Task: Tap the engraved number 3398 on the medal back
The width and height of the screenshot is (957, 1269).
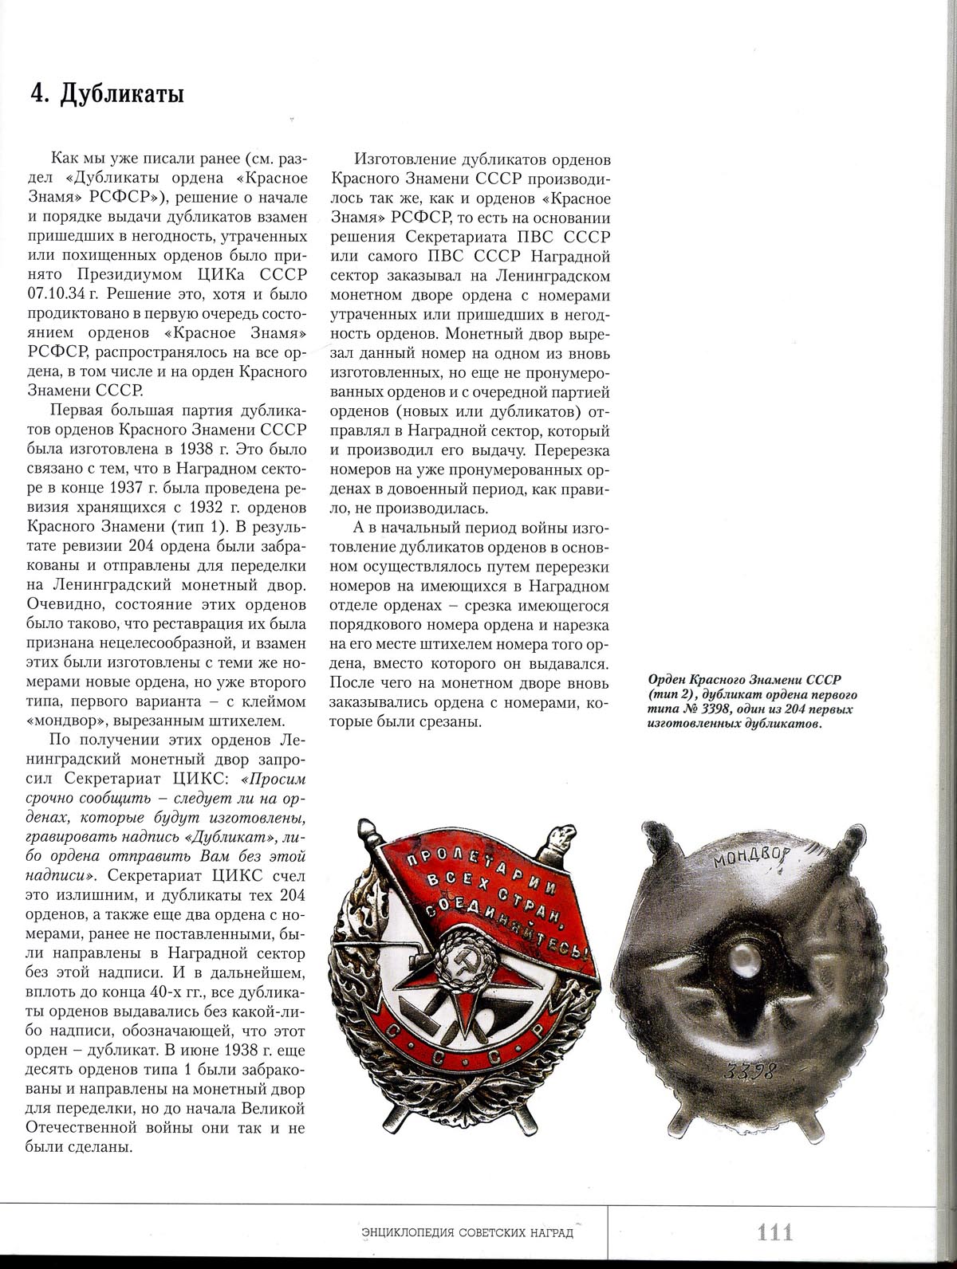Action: pos(750,1069)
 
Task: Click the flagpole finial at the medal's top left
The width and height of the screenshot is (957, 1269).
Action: pos(368,829)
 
